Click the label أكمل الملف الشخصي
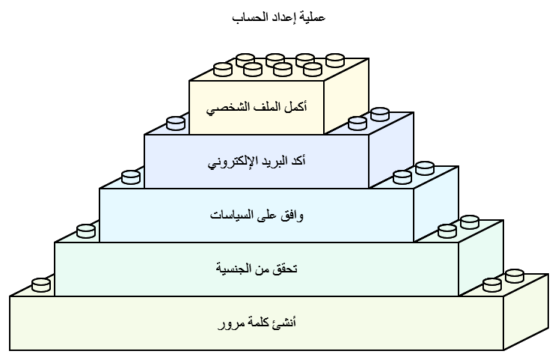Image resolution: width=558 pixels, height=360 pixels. click(x=256, y=108)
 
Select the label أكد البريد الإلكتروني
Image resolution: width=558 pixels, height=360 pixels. click(x=256, y=162)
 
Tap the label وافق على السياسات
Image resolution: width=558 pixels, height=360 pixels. click(x=257, y=216)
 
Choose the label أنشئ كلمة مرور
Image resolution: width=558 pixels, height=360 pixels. click(x=257, y=323)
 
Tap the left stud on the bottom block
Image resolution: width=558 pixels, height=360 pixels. click(x=41, y=284)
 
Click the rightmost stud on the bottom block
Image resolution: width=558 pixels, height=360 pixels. click(x=515, y=276)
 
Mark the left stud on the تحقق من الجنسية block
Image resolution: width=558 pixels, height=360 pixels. click(x=86, y=231)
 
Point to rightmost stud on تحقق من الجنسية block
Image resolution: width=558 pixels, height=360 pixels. click(x=470, y=222)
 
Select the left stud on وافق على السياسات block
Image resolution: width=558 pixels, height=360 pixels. click(x=131, y=177)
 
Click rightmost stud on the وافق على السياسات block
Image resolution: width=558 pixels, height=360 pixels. click(x=425, y=168)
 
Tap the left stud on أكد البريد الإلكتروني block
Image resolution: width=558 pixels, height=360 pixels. click(x=176, y=123)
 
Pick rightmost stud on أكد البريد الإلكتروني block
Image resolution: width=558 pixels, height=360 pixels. click(x=380, y=115)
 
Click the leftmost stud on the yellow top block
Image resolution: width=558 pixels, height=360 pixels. click(x=223, y=69)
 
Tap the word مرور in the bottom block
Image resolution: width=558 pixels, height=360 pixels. click(x=231, y=324)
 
